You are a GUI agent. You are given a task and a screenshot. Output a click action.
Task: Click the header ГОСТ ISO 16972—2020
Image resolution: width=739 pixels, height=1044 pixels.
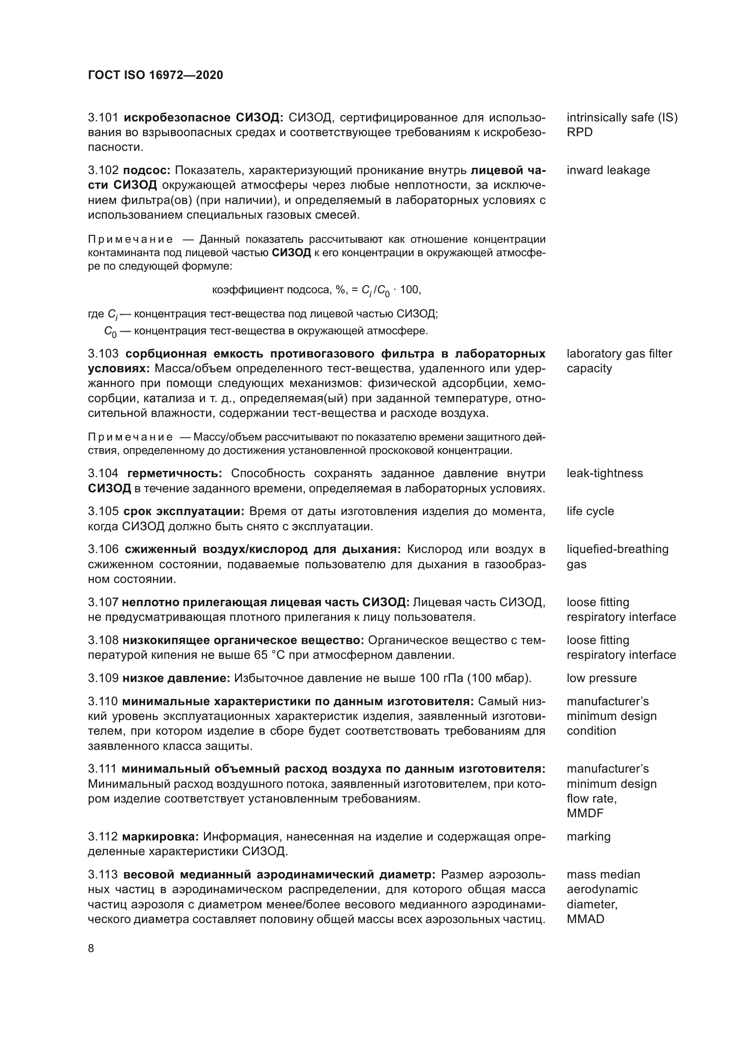[155, 75]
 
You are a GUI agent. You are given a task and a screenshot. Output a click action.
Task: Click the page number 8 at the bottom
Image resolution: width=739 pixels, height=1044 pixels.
[91, 948]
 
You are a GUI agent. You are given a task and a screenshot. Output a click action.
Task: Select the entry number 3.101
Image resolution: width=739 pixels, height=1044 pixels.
[103, 118]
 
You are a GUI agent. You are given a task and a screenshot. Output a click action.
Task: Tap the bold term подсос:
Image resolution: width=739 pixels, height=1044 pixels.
[147, 171]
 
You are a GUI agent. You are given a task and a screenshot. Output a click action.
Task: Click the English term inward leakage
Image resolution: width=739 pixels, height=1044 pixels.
[608, 171]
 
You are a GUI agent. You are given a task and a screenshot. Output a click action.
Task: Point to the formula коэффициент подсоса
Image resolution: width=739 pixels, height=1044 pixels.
[317, 290]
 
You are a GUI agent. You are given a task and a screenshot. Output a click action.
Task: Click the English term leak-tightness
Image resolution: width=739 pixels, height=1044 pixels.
[605, 473]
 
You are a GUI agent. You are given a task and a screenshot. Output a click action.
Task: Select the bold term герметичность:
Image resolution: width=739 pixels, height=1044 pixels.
[175, 473]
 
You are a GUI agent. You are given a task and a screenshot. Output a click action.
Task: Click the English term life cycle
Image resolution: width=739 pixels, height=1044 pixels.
[590, 511]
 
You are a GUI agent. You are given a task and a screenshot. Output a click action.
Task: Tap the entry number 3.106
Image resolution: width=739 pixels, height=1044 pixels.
[103, 549]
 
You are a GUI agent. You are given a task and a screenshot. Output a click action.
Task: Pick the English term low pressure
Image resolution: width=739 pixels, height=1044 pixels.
[601, 678]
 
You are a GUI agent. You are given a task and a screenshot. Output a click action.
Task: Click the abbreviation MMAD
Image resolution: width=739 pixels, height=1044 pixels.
[585, 919]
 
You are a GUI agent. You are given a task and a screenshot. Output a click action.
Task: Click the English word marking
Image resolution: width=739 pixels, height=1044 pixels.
[588, 836]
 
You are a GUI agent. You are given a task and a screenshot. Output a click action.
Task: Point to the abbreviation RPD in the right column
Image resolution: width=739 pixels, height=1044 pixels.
[579, 132]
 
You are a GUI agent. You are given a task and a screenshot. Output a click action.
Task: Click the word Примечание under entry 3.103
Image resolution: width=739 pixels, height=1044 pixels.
[130, 437]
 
